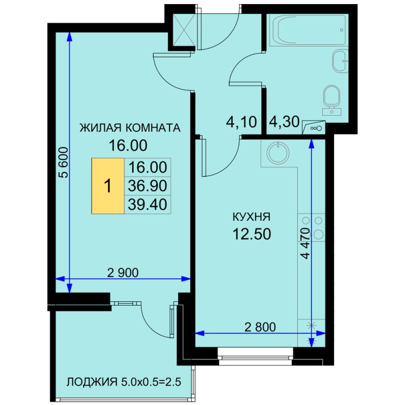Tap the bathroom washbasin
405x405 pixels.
(340, 61)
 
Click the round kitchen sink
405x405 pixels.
(278, 152)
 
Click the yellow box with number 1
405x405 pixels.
(108, 186)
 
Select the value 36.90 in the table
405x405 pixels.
(147, 186)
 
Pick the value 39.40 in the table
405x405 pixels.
(147, 205)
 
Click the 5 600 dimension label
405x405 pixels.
(63, 163)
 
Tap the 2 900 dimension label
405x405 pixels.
(123, 273)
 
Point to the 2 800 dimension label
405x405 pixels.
(260, 327)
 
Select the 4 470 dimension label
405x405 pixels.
(305, 244)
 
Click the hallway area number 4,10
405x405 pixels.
(241, 122)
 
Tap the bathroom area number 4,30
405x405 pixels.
(284, 121)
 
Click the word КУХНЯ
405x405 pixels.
(252, 217)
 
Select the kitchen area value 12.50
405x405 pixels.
(252, 234)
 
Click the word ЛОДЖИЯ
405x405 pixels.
(92, 382)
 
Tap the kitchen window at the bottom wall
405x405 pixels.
(256, 356)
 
